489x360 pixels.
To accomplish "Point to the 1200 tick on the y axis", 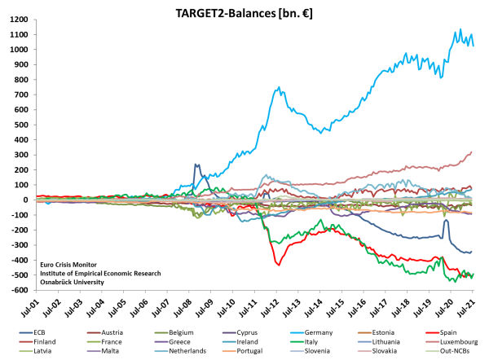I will [x=17, y=20].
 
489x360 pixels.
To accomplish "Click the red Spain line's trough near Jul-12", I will [x=280, y=265].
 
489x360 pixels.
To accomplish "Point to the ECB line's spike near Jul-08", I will [x=196, y=165].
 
